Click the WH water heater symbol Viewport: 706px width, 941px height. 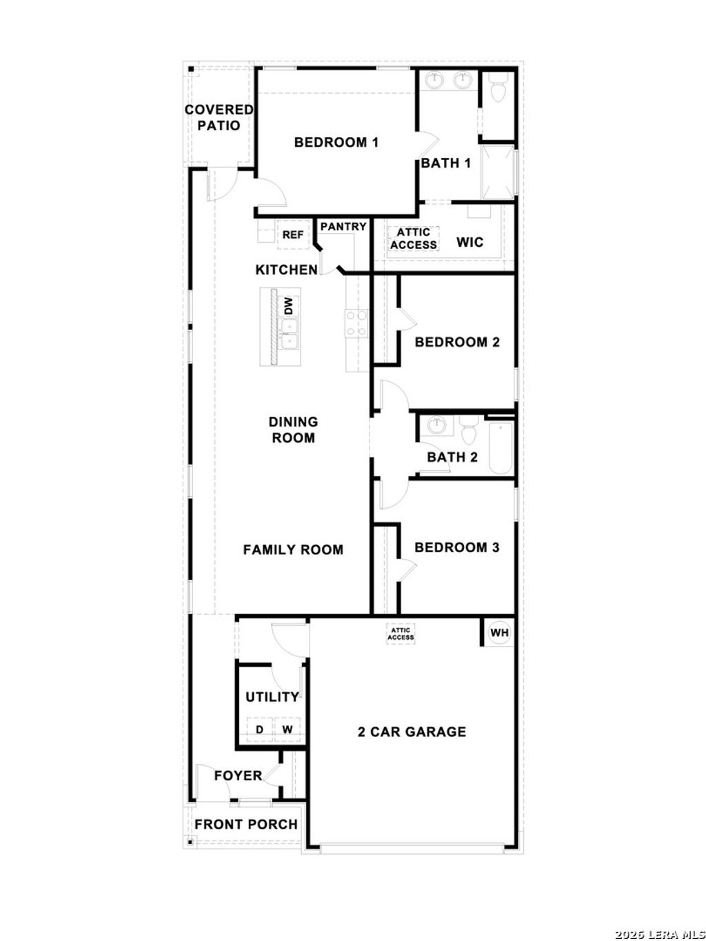[498, 632]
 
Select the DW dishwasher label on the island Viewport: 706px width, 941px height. [289, 305]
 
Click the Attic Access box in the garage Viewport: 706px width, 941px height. [401, 634]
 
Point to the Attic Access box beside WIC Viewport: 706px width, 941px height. [413, 239]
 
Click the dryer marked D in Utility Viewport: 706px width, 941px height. [260, 729]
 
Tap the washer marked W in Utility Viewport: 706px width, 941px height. [287, 729]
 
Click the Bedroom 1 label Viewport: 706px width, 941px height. [336, 143]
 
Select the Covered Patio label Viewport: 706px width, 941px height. [219, 117]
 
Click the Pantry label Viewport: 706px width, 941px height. [343, 226]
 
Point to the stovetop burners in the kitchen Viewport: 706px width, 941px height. [356, 324]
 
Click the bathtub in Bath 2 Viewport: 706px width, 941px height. [501, 449]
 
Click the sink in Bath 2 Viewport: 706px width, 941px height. [436, 425]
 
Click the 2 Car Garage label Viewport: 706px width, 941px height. [412, 731]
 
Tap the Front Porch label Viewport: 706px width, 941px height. [245, 824]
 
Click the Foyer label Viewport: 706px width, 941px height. [238, 776]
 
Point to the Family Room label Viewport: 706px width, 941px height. [293, 549]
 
